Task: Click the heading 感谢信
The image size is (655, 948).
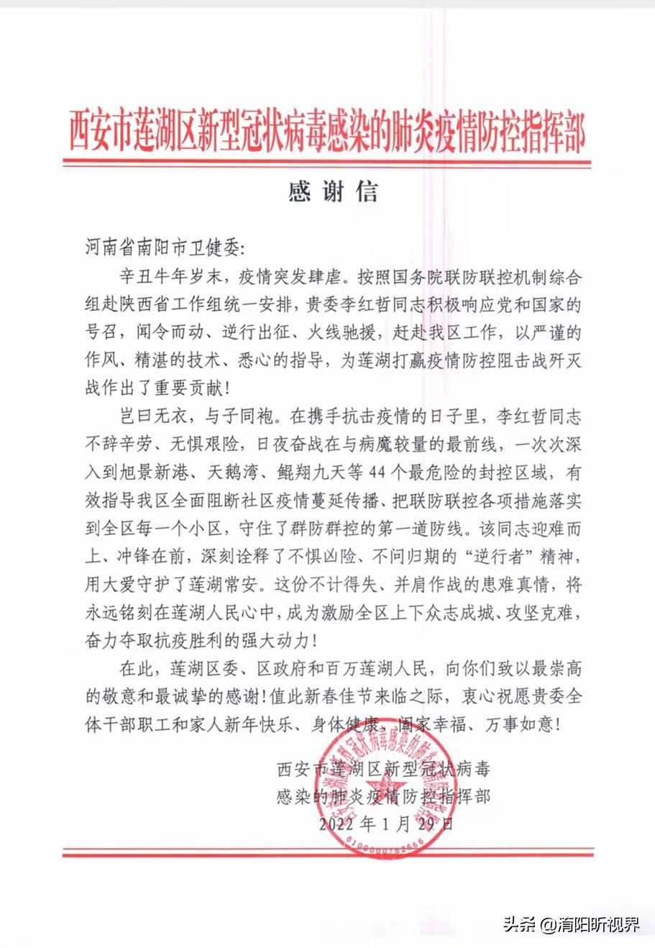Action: pos(332,192)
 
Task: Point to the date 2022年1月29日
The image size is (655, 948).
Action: pos(386,824)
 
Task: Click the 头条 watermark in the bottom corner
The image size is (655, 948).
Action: pos(571,924)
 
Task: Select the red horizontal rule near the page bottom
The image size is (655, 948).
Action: pos(327,852)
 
